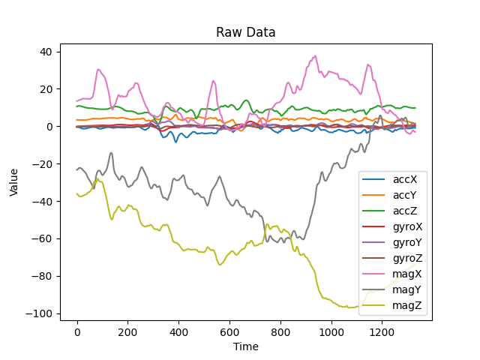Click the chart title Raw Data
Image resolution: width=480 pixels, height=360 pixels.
246,32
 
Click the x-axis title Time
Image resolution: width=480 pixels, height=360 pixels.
246,346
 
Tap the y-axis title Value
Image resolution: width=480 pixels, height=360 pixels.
14,182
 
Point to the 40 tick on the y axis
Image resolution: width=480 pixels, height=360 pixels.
46,52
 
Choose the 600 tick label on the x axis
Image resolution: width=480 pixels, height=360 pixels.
229,331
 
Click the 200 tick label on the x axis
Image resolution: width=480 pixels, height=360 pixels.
127,331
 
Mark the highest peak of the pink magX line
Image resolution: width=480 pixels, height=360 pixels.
316,55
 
